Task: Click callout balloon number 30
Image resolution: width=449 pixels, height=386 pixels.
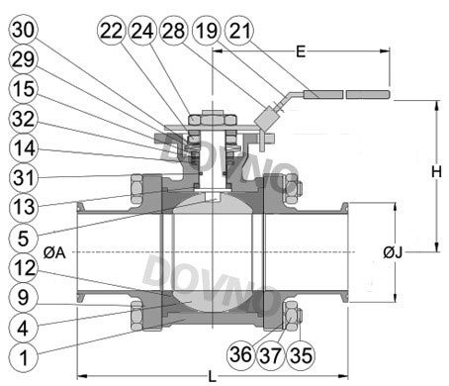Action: [23, 30]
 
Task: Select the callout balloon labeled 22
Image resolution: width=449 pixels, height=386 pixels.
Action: [112, 31]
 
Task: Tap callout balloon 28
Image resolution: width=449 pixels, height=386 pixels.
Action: [173, 31]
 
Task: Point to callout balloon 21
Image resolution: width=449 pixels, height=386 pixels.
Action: [239, 31]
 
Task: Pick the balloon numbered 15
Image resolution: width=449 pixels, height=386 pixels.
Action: [23, 89]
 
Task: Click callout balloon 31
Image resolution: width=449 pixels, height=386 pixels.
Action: [23, 178]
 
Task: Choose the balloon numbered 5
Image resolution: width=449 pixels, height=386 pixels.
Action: [23, 238]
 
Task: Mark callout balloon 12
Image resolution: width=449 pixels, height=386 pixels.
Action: [23, 267]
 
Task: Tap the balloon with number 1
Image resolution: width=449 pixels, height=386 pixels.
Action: [23, 357]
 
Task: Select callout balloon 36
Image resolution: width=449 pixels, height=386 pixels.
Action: [241, 355]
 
